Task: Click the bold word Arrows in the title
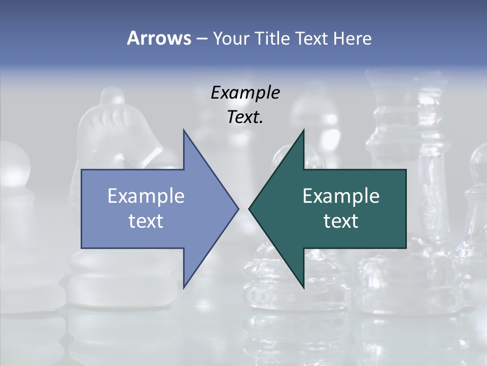pos(158,38)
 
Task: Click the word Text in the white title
pos(311,38)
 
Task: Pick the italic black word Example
pos(245,93)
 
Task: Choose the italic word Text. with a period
pos(245,117)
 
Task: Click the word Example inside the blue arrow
pos(146,196)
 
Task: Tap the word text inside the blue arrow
pos(146,221)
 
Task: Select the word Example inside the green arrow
pos(341,196)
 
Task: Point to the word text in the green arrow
pos(341,221)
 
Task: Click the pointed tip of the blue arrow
pos(238,208)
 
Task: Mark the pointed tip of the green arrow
pos(249,208)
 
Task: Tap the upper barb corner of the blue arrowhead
pos(184,130)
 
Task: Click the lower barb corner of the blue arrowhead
pos(184,288)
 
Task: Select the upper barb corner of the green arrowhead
pos(303,130)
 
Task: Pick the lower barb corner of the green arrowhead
pos(303,288)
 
